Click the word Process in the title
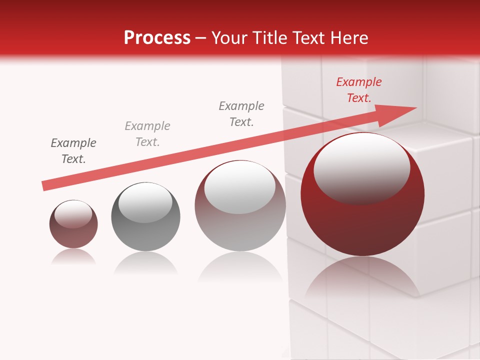coord(157,37)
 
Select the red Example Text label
coord(358,90)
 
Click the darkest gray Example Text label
coord(73,151)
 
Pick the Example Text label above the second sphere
coord(147,134)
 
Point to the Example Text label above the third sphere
coord(241,114)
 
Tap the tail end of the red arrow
coord(44,186)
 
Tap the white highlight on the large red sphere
coord(361,167)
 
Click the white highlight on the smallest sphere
coord(73,214)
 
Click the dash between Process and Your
coord(201,38)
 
